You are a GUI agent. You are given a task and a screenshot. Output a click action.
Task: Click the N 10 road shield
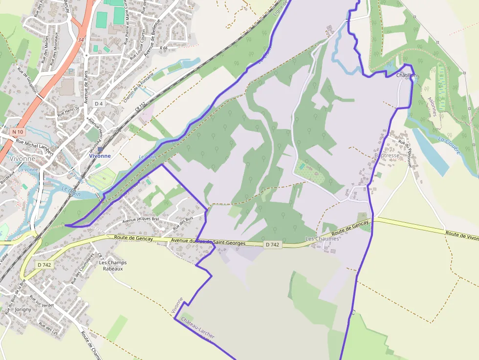[x=18, y=132]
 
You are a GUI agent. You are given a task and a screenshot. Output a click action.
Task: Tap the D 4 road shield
[x=99, y=104]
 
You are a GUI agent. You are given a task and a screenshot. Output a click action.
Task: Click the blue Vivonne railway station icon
[x=100, y=149]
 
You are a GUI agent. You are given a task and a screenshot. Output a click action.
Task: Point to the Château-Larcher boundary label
[x=197, y=328]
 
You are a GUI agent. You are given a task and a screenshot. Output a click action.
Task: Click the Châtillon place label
[x=407, y=75]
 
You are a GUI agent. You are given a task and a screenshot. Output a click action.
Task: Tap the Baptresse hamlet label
[x=387, y=155]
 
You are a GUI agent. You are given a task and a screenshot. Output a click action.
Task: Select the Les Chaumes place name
[x=322, y=238]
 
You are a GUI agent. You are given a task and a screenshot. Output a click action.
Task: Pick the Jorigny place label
[x=23, y=309]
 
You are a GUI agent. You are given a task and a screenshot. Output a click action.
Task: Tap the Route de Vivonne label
[x=462, y=236]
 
